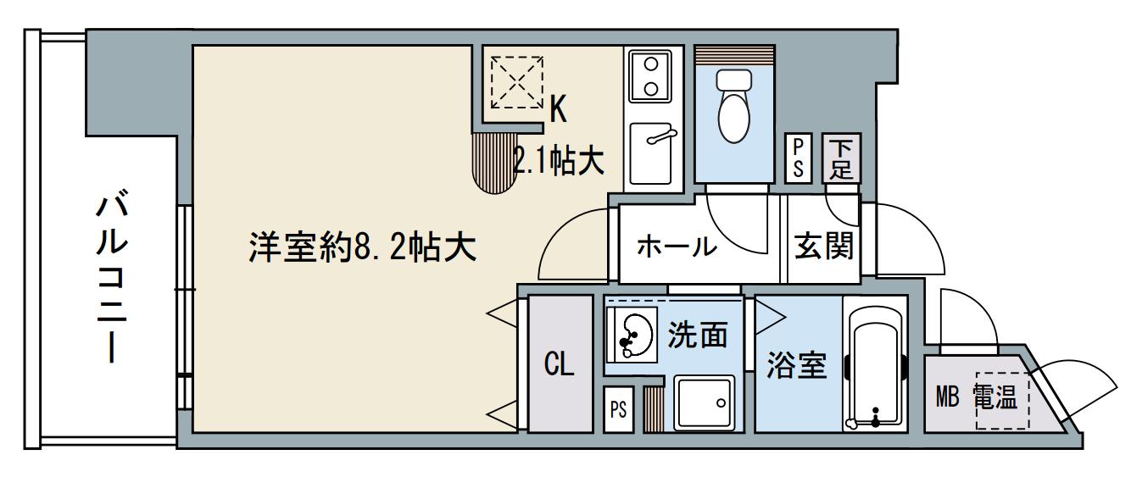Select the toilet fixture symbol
point(733,107)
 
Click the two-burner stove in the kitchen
point(651,75)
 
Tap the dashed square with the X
point(517,82)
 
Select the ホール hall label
point(676,247)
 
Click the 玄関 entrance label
point(823,247)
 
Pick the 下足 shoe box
point(840,158)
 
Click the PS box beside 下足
point(798,158)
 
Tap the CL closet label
point(560,366)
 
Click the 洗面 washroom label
point(698,336)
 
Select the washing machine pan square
point(704,404)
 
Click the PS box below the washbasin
point(618,410)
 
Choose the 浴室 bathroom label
point(797,366)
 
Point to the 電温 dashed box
point(1002,400)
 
